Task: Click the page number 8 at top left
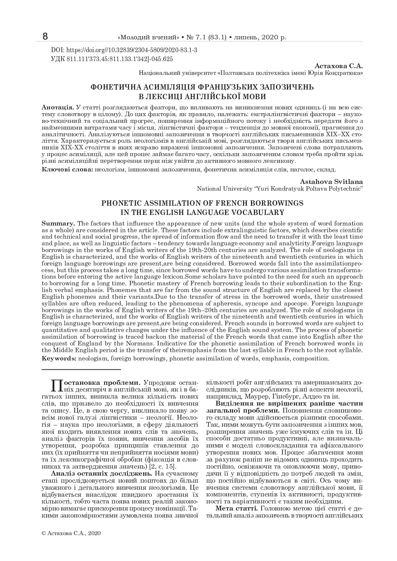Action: [x=45, y=37]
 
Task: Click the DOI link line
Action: [x=124, y=51]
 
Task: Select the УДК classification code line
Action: [x=112, y=59]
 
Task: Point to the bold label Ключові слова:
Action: [x=67, y=169]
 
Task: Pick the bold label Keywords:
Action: [x=59, y=358]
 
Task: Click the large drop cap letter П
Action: [x=56, y=385]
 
